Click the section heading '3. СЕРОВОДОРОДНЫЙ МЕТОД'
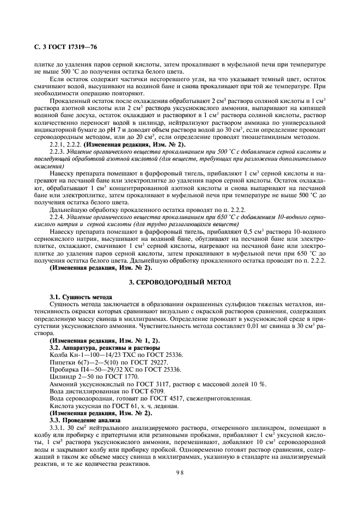pos(179,283)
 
